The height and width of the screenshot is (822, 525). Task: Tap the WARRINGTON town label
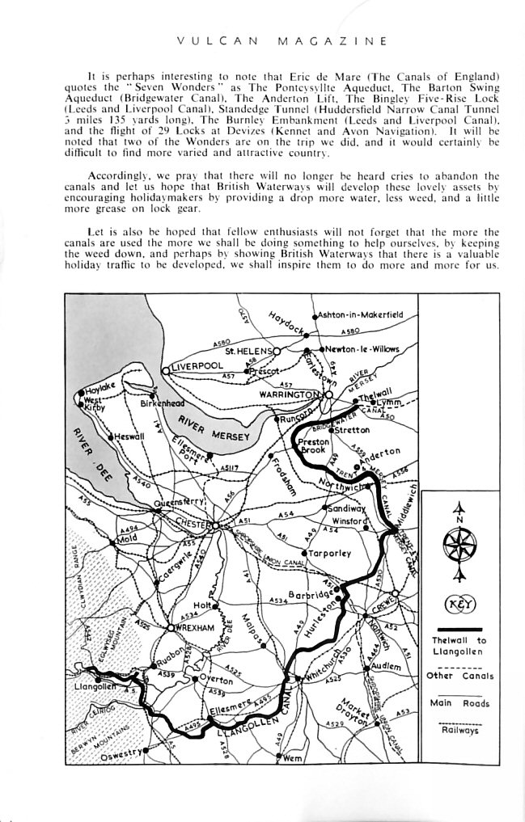[289, 394]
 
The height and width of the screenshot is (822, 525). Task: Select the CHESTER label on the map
[195, 525]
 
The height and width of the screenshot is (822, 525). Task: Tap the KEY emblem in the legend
[460, 603]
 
